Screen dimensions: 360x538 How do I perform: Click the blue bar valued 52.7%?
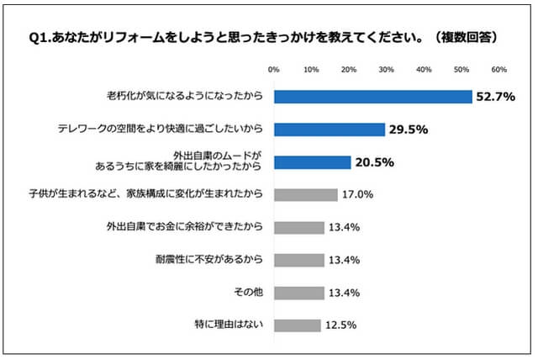[373, 97]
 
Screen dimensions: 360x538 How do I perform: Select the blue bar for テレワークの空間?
[330, 130]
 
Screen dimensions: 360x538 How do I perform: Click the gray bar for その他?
[299, 293]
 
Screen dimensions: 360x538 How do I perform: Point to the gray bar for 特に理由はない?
[298, 325]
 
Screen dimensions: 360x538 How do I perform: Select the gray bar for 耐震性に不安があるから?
[299, 260]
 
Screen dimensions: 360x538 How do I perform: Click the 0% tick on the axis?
[274, 69]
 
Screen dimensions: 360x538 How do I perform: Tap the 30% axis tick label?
[387, 69]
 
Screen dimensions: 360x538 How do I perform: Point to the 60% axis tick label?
[498, 69]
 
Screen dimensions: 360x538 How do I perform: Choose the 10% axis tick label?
[312, 69]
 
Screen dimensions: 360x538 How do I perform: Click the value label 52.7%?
[495, 97]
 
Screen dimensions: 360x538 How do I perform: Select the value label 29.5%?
[409, 130]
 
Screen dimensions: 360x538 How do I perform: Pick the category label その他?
[250, 293]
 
